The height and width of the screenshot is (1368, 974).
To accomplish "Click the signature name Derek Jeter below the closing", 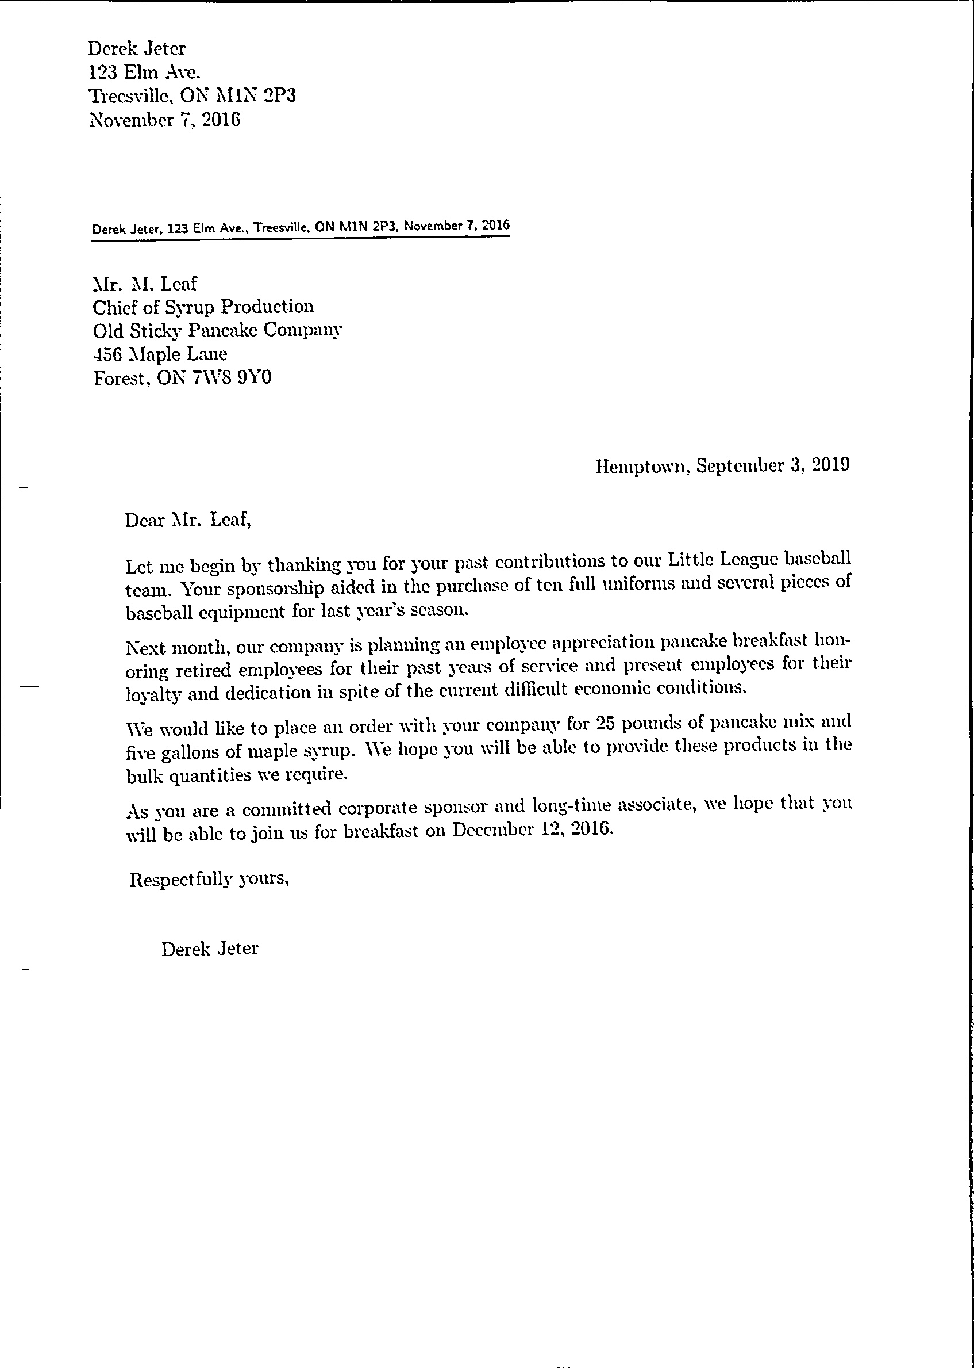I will coord(209,949).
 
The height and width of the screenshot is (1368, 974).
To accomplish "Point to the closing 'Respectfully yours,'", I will coord(209,880).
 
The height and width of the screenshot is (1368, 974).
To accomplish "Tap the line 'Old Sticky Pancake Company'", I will coord(217,331).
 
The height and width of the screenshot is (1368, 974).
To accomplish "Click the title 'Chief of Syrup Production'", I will coord(203,307).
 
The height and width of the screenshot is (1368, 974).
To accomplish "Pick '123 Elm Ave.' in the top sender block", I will coord(144,72).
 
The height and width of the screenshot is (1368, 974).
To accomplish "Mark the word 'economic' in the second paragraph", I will coord(613,689).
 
